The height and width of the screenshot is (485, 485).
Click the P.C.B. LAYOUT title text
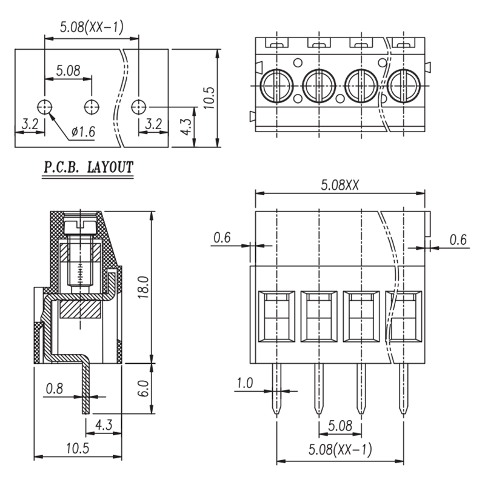click(88, 167)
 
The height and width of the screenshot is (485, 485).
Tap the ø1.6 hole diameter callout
click(83, 132)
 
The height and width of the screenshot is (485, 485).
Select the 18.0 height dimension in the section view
click(143, 287)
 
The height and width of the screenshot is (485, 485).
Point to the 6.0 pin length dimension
click(143, 389)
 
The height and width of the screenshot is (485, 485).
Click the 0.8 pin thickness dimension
click(55, 389)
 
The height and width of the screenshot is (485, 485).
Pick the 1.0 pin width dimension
click(245, 383)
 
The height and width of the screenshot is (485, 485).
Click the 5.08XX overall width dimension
click(340, 186)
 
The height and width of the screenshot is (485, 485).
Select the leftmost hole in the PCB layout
click(45, 107)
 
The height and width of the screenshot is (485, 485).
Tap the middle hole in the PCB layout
click(92, 107)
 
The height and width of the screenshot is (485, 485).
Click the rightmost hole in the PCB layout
click(139, 107)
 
